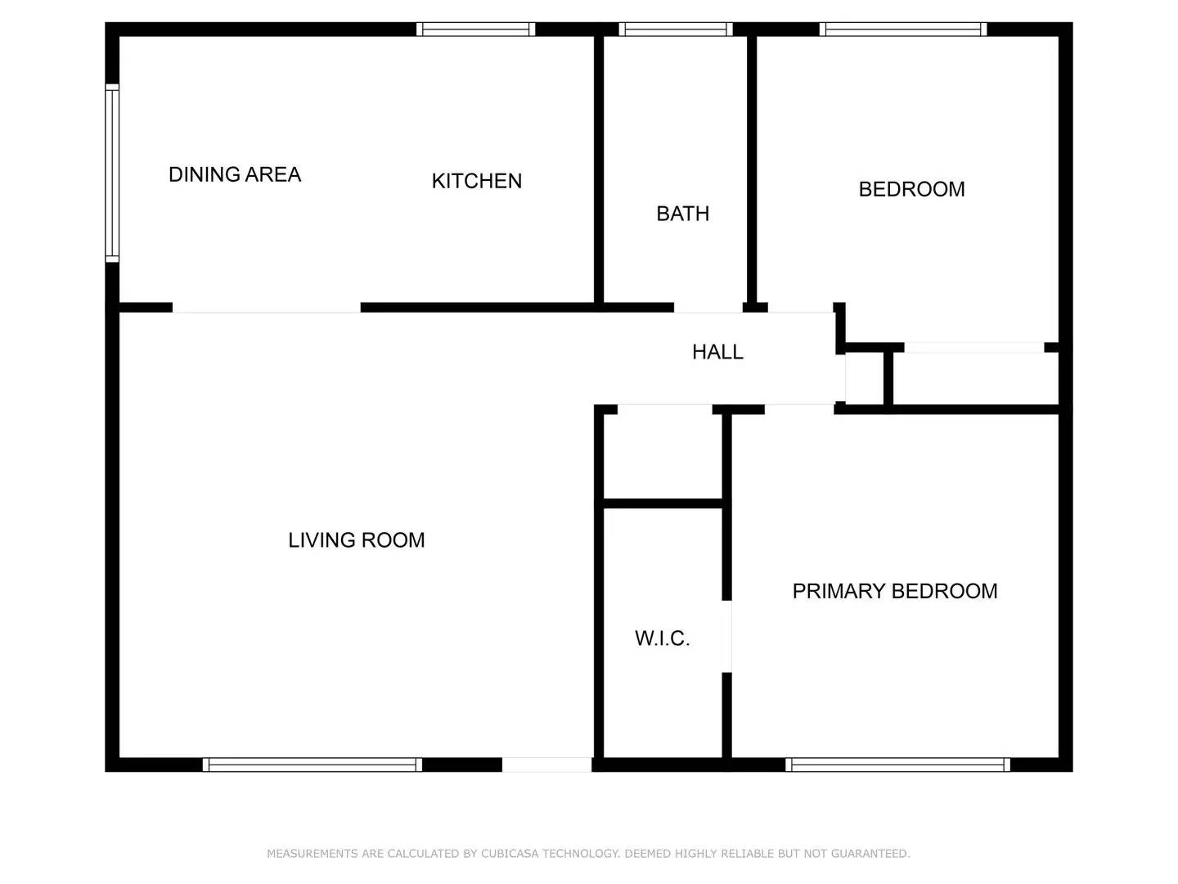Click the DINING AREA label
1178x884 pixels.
(235, 174)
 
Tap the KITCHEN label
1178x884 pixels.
(477, 181)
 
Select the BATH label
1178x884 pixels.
(682, 214)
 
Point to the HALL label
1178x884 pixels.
(717, 352)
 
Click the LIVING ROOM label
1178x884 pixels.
(357, 540)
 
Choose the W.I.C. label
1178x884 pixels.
(663, 638)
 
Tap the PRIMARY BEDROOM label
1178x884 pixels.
(895, 591)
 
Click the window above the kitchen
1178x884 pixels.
(476, 29)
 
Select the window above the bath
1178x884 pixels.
(676, 29)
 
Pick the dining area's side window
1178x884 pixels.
(111, 174)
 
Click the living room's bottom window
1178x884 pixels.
(312, 764)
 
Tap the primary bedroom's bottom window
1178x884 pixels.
(898, 764)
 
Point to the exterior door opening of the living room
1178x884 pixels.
(547, 764)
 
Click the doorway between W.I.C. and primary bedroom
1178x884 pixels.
(726, 636)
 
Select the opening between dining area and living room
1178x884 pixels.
(266, 308)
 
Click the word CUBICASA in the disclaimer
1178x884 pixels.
(510, 854)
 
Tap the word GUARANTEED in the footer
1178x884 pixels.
(870, 854)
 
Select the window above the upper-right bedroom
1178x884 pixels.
(903, 29)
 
